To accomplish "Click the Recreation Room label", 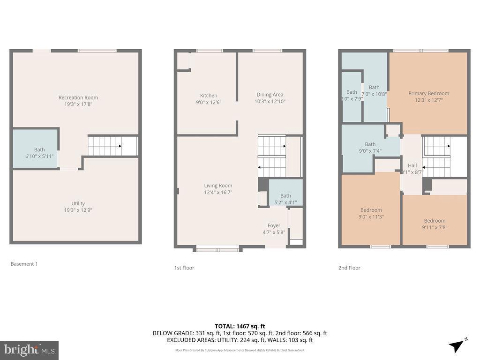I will pyautogui.click(x=78, y=97).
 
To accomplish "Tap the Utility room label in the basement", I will pyautogui.click(x=78, y=203).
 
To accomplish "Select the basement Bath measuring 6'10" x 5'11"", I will pyautogui.click(x=39, y=150).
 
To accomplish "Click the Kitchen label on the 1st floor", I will pyautogui.click(x=209, y=96).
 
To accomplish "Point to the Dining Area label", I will pyautogui.click(x=270, y=95).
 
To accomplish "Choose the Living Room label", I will pyautogui.click(x=218, y=186).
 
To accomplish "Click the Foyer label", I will pyautogui.click(x=274, y=225).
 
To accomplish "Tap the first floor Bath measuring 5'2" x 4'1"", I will pyautogui.click(x=285, y=196).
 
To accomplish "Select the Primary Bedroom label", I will pyautogui.click(x=428, y=93).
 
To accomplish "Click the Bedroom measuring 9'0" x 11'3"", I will pyautogui.click(x=371, y=210).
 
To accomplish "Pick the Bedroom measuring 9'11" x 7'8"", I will pyautogui.click(x=435, y=221).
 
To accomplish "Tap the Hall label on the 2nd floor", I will pyautogui.click(x=412, y=165).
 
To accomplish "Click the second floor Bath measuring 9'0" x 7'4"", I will pyautogui.click(x=370, y=144).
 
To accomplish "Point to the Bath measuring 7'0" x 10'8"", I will pyautogui.click(x=374, y=87).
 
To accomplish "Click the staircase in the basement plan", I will pyautogui.click(x=105, y=146).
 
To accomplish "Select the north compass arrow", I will pyautogui.click(x=457, y=346).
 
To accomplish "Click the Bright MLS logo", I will pyautogui.click(x=29, y=350).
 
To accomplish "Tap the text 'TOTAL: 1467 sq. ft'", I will pyautogui.click(x=240, y=326).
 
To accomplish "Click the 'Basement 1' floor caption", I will pyautogui.click(x=24, y=264).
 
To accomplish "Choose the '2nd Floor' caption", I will pyautogui.click(x=349, y=268).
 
